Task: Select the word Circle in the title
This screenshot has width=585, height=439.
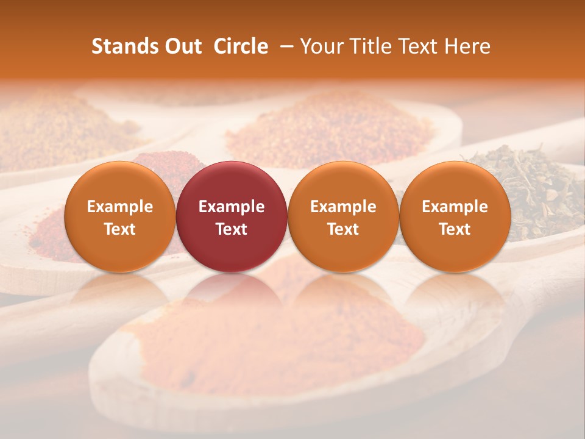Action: coord(241,46)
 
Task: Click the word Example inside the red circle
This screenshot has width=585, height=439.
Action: coord(232,207)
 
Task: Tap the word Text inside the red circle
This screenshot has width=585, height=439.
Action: coord(232,229)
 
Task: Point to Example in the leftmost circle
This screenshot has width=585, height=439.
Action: coord(119,207)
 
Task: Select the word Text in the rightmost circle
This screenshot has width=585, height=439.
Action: coord(455,229)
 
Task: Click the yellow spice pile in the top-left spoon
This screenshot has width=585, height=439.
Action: coord(55,128)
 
